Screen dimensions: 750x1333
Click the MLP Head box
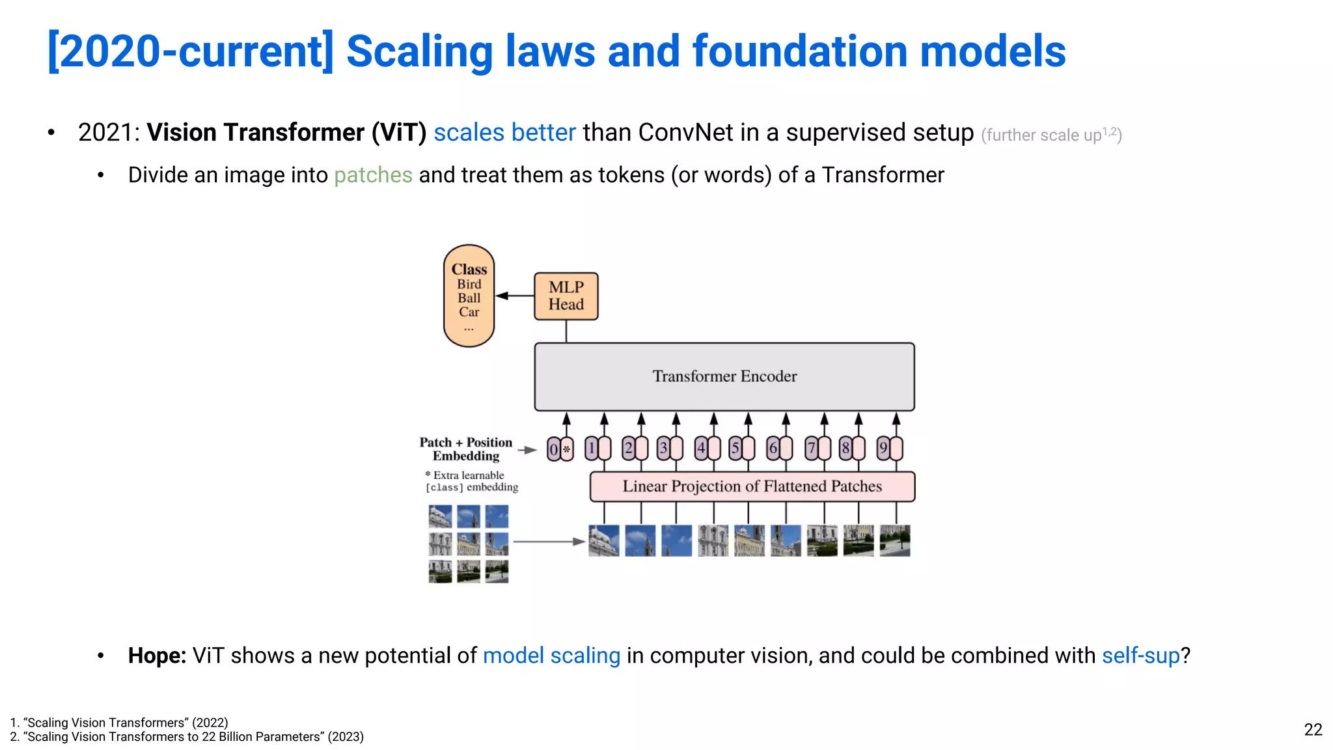coord(566,296)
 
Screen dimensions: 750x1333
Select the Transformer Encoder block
coord(724,376)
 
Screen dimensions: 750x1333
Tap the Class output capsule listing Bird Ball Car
coord(469,296)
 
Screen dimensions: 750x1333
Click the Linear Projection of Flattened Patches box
coord(752,486)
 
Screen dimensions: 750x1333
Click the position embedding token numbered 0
coord(554,449)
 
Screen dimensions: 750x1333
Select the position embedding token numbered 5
coord(735,449)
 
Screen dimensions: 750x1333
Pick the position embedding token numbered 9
coord(883,449)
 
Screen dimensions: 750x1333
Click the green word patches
coord(373,175)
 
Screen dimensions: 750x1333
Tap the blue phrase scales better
coord(504,133)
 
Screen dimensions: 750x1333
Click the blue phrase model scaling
coord(551,656)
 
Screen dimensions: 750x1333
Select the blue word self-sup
coord(1140,656)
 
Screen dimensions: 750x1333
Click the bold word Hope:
coord(157,656)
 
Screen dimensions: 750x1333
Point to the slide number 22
coord(1313,729)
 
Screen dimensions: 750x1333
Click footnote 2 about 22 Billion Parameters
coord(187,737)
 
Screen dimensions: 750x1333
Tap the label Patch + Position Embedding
coord(466,449)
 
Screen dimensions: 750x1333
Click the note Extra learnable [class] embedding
coord(471,481)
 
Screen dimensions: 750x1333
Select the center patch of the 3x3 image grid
coord(469,544)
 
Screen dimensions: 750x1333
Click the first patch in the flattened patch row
coord(603,541)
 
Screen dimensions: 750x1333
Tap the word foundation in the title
coord(799,51)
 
